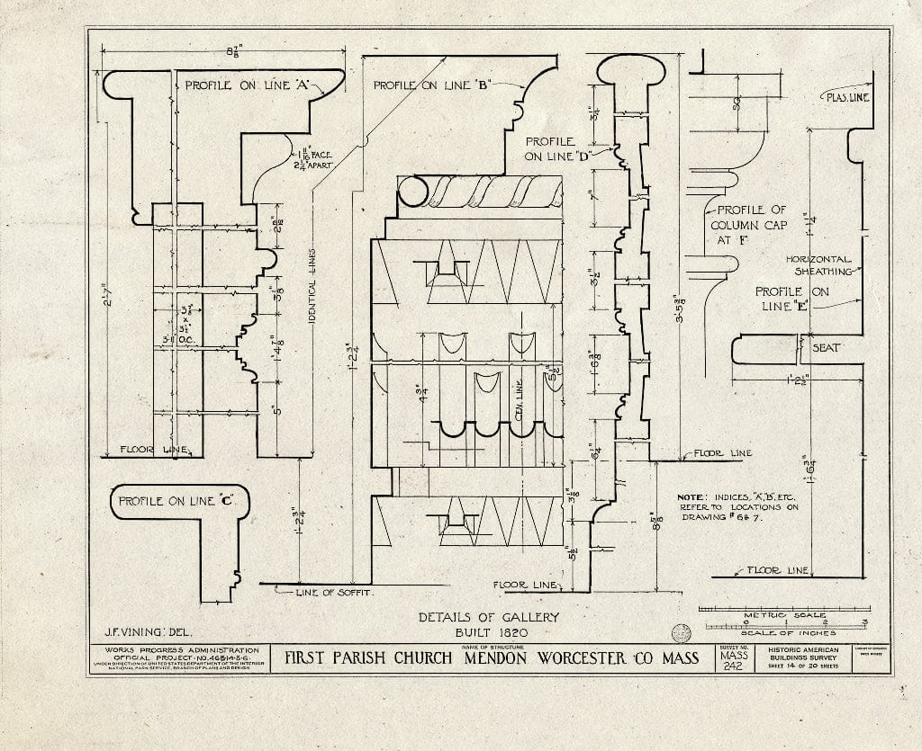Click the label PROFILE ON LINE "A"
click(x=248, y=86)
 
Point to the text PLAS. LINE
click(x=847, y=97)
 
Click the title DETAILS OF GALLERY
click(x=489, y=617)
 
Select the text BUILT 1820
click(x=489, y=632)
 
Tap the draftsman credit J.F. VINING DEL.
click(x=142, y=632)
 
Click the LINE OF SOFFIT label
click(x=334, y=593)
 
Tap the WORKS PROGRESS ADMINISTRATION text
click(x=182, y=649)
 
